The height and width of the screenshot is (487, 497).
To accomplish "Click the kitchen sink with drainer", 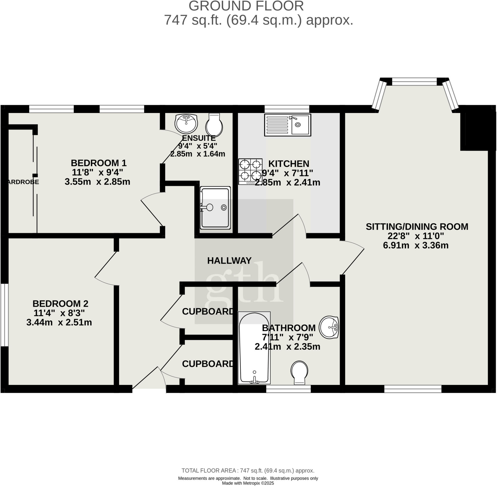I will [288, 125].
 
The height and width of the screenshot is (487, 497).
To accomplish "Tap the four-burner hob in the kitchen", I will [250, 171].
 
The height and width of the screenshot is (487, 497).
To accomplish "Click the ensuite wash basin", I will [186, 123].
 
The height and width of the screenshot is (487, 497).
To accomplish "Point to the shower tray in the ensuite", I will [215, 208].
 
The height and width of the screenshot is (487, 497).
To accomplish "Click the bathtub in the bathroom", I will [254, 348].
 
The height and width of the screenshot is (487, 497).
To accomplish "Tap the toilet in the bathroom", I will [299, 372].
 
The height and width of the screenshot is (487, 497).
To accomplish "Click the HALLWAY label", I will [229, 261].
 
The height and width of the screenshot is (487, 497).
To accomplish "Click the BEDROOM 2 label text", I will [60, 304].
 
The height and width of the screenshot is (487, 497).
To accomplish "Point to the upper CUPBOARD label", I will [208, 312].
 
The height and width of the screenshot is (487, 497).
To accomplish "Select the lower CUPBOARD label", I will [208, 364].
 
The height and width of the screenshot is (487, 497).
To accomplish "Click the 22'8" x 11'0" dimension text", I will [415, 236].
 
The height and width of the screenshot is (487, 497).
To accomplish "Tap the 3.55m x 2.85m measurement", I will [97, 182].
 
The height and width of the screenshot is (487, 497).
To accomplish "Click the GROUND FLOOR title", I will [246, 6].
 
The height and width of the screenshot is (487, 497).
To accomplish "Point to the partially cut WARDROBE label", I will [23, 182].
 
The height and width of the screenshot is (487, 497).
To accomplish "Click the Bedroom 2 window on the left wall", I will [4, 315].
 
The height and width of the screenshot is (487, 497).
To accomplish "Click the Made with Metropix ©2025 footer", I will [248, 483].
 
